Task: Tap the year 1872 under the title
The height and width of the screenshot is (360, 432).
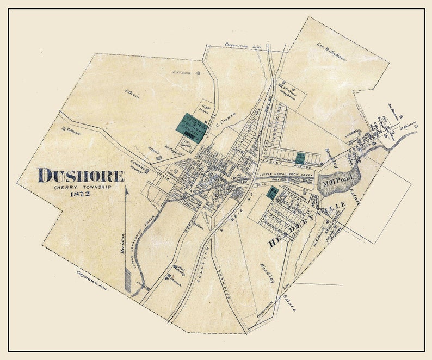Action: (81, 195)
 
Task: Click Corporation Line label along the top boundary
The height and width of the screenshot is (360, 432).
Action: (243, 46)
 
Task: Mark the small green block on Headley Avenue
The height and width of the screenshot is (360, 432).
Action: (299, 157)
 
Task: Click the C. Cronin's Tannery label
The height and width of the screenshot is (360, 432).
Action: (139, 165)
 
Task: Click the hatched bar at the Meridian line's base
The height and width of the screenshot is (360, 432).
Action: (128, 283)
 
